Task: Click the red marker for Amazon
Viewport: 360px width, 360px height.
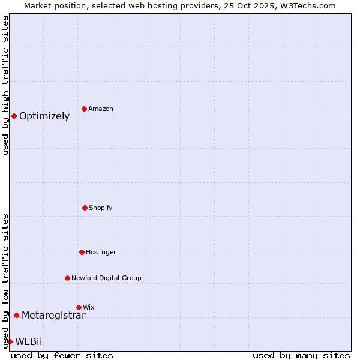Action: (x=84, y=109)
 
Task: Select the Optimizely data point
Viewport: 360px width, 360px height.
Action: (x=14, y=116)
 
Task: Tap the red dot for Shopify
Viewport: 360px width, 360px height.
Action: (x=85, y=208)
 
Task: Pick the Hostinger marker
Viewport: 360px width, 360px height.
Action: (x=82, y=252)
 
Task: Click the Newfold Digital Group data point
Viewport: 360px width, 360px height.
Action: (x=67, y=278)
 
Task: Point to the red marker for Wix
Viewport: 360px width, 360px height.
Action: (x=79, y=307)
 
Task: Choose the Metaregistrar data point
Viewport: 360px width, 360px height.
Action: (x=16, y=315)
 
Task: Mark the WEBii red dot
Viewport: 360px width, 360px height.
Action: (x=10, y=341)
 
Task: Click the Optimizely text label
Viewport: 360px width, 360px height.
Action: (x=44, y=116)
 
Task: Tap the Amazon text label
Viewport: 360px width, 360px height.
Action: (x=101, y=109)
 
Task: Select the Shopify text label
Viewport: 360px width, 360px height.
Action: (x=101, y=208)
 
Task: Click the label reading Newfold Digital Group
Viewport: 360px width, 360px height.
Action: (x=106, y=278)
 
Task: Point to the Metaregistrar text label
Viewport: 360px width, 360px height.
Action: (x=53, y=316)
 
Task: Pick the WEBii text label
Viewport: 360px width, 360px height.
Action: (x=29, y=342)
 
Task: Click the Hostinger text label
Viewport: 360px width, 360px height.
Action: (x=101, y=253)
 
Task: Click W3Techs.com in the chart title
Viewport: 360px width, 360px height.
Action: (x=305, y=5)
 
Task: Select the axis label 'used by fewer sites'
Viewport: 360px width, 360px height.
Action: (x=62, y=355)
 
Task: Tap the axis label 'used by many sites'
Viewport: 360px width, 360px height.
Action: (x=301, y=355)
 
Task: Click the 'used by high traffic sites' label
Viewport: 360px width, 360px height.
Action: (x=5, y=85)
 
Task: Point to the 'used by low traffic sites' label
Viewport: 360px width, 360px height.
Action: (x=5, y=281)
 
